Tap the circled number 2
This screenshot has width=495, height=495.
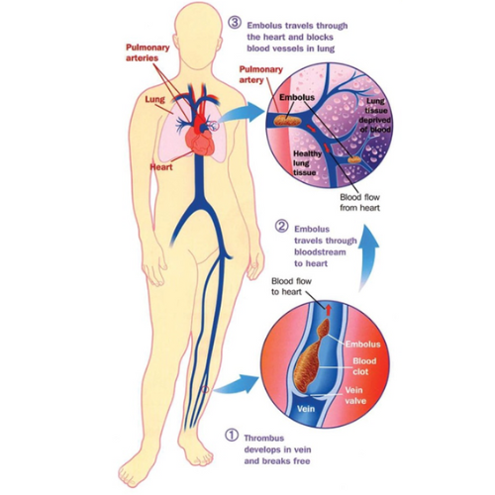tap(281, 226)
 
